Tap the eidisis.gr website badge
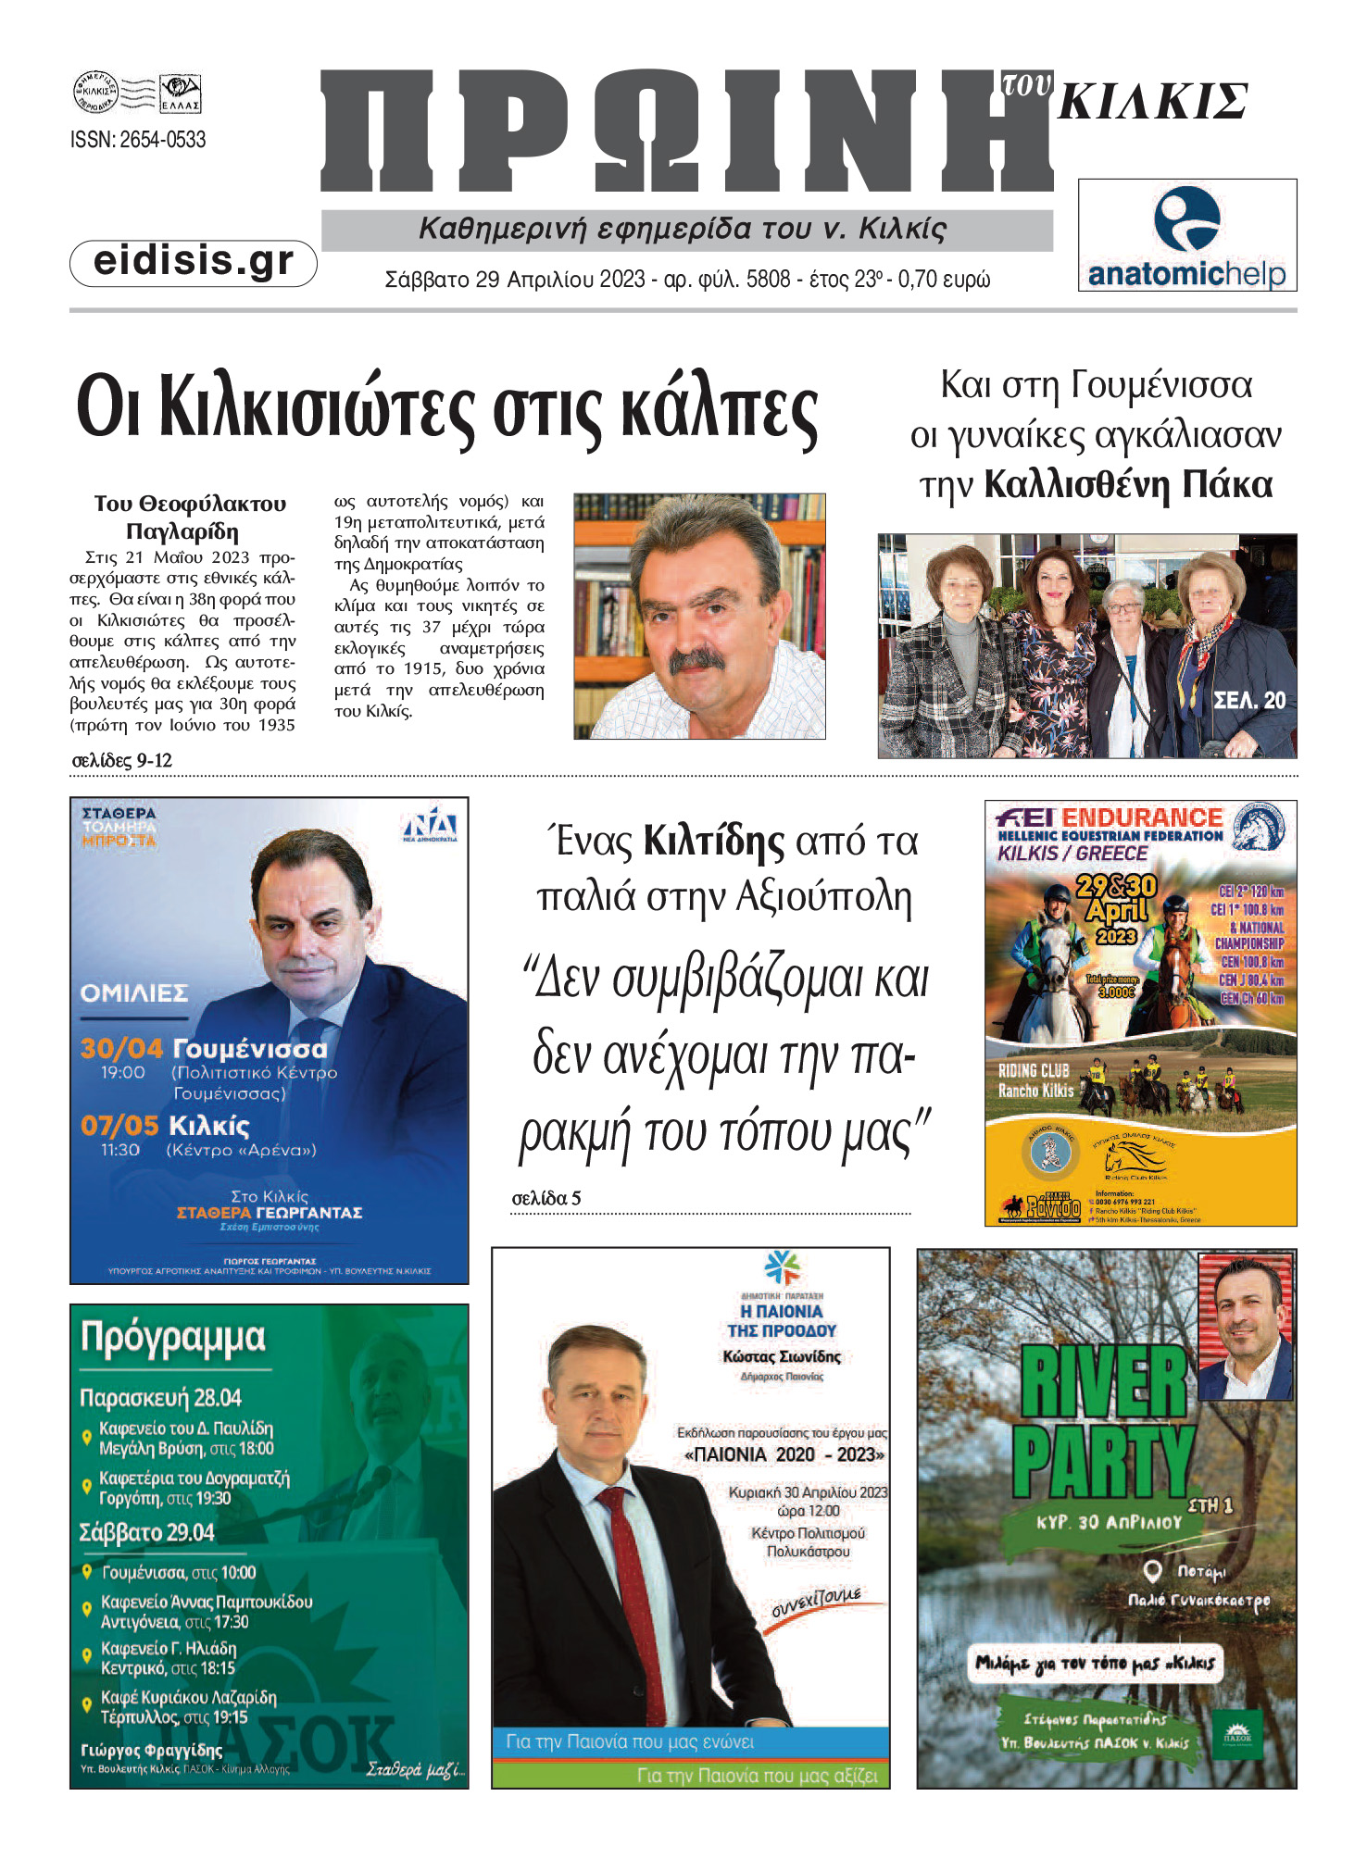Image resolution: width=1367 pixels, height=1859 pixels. [x=194, y=262]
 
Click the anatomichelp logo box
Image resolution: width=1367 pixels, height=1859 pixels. [x=1186, y=236]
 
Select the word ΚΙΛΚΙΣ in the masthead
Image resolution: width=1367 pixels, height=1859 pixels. [x=1153, y=102]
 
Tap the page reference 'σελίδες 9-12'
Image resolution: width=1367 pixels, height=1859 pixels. [x=122, y=761]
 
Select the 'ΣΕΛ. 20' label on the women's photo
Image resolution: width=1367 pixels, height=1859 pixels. [x=1249, y=701]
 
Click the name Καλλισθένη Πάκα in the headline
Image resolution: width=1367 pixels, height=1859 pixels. [x=1127, y=485]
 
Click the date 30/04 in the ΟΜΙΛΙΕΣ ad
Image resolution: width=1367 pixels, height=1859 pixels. [x=121, y=1048]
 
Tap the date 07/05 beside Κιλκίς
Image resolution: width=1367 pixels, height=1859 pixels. [x=119, y=1126]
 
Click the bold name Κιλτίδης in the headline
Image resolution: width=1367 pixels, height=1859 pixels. [x=713, y=842]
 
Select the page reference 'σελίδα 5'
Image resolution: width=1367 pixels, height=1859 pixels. [x=546, y=1198]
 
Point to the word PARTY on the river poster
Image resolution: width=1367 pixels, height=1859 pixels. [x=1102, y=1462]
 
